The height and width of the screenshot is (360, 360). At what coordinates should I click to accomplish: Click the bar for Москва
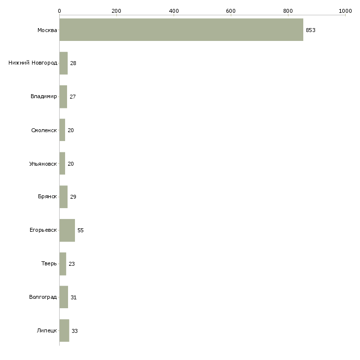coord(181,30)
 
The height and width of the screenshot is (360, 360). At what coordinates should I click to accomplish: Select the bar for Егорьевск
coord(67,230)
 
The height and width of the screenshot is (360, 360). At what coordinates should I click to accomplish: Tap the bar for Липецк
coord(64,330)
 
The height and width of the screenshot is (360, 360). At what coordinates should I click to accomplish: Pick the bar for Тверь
coord(63,264)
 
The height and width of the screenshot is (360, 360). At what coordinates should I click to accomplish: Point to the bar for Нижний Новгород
coord(64,63)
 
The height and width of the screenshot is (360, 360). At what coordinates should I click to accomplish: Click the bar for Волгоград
coord(64,297)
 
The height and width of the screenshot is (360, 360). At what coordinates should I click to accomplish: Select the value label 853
coord(311,30)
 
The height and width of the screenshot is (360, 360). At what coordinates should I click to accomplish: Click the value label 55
coord(80,230)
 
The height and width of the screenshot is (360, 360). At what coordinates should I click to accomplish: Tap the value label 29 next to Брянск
coord(73,197)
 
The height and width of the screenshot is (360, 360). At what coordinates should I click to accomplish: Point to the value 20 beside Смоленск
coord(71,130)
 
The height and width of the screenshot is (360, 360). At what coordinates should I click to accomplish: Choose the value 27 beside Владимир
coord(73,97)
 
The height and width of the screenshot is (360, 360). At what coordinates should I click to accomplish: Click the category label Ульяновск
coord(43,164)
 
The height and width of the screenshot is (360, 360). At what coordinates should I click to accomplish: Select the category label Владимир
coord(43,96)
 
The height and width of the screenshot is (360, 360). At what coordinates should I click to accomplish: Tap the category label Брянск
coord(47,197)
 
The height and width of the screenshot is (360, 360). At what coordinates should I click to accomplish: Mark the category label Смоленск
coord(44,130)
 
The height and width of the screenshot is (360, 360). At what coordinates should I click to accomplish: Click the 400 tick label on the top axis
coord(174,11)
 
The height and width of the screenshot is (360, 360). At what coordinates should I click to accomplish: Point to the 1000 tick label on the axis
coord(345,11)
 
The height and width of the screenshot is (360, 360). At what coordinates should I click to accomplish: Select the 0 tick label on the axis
coord(60,11)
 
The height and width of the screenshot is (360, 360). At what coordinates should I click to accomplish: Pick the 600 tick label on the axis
coord(231,11)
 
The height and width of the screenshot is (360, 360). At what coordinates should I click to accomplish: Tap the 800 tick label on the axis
coord(288,11)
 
